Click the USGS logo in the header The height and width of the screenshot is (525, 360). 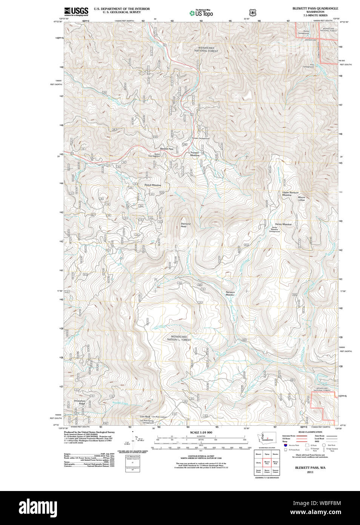tap(76, 12)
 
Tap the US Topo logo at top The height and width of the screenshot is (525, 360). tap(201, 13)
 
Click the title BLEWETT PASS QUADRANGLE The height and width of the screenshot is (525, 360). tap(315, 8)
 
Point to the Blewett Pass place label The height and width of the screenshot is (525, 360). tap(166, 149)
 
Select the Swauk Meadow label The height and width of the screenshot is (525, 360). tap(152, 185)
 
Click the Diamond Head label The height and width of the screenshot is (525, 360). tap(185, 225)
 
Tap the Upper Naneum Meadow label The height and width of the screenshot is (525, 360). tap(290, 194)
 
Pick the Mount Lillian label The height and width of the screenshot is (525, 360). tap(302, 199)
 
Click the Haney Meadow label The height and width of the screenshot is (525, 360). tap(283, 224)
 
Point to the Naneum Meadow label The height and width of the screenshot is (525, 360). tap(230, 293)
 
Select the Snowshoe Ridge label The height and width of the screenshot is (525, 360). tap(80, 402)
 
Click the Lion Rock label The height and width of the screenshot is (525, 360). tap(145, 417)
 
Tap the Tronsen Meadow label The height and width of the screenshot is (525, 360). tap(194, 154)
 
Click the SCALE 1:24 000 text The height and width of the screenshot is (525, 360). tap(201, 432)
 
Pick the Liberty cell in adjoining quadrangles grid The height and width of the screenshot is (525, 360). tap(258, 462)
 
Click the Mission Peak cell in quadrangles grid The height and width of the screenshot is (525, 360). tap(275, 462)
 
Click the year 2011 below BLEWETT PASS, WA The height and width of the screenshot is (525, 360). tap(310, 472)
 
